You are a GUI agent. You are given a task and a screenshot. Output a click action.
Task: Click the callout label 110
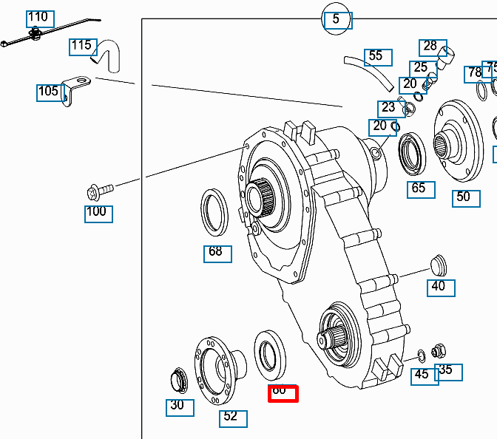pyautogui.click(x=37, y=17)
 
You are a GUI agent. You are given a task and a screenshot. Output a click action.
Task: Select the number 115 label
pyautogui.click(x=82, y=47)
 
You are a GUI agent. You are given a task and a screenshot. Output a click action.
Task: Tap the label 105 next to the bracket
pyautogui.click(x=49, y=92)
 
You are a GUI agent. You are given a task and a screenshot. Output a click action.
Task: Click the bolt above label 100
pyautogui.click(x=99, y=191)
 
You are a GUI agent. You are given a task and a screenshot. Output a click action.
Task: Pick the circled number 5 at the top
pyautogui.click(x=336, y=19)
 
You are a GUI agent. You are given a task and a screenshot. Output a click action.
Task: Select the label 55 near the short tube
pyautogui.click(x=376, y=56)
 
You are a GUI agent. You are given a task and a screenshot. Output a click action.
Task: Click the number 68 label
pyautogui.click(x=217, y=252)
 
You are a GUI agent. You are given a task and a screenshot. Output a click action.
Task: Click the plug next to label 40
pyautogui.click(x=439, y=263)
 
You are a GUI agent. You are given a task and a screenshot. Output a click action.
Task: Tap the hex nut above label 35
pyautogui.click(x=439, y=351)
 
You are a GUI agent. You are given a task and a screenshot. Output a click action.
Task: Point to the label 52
pyautogui.click(x=232, y=417)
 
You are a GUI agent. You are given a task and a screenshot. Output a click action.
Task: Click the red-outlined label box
pyautogui.click(x=282, y=392)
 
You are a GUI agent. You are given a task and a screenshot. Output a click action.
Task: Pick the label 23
pyautogui.click(x=388, y=108)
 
